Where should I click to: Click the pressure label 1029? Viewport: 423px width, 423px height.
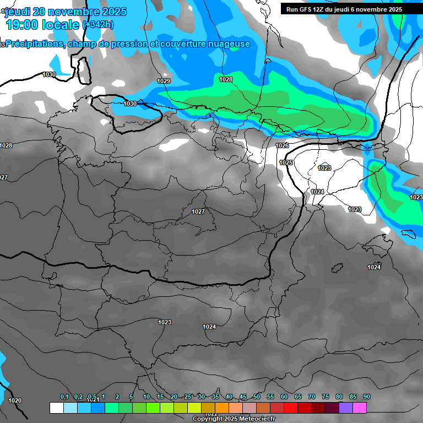coord(164,81)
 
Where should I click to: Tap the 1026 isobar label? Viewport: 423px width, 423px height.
coord(282,145)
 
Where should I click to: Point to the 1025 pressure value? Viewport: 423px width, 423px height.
coord(286,162)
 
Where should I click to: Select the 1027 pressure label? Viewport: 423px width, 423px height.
coord(198,211)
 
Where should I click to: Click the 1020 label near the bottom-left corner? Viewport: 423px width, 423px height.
coord(15,400)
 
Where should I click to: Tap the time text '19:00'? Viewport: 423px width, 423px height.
coord(23,25)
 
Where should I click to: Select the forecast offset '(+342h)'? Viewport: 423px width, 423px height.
coord(100,25)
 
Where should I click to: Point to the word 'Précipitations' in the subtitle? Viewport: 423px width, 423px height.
coord(34,44)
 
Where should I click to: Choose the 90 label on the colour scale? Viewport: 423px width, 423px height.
coord(367,397)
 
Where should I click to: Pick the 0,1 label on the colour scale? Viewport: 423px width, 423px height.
coord(64,397)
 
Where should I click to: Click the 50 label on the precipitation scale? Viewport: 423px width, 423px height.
coord(257,397)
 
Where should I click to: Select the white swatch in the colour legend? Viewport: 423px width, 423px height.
coord(56,408)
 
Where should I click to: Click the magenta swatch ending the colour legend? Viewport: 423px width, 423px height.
coord(360,408)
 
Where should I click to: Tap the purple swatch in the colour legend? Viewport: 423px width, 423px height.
coord(346,408)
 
